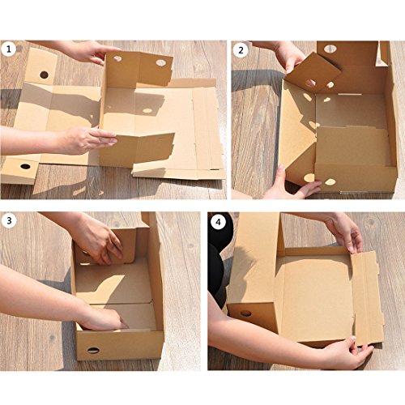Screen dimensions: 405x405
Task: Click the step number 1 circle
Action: click(9, 49)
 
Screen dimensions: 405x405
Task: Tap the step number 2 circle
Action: click(241, 50)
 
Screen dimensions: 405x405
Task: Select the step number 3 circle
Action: click(9, 220)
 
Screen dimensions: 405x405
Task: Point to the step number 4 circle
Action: click(218, 222)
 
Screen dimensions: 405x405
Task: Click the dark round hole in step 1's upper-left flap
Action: click(44, 75)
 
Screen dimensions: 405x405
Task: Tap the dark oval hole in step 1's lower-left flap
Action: click(25, 166)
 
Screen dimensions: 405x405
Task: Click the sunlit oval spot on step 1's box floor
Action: click(147, 110)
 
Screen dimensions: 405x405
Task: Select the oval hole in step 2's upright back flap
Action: click(330, 49)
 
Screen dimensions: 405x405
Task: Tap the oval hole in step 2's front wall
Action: click(330, 182)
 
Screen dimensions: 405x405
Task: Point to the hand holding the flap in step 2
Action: click(289, 56)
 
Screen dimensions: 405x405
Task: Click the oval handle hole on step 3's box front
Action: click(93, 351)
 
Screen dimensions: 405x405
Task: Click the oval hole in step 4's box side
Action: click(245, 313)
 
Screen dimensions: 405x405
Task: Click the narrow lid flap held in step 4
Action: click(367, 298)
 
